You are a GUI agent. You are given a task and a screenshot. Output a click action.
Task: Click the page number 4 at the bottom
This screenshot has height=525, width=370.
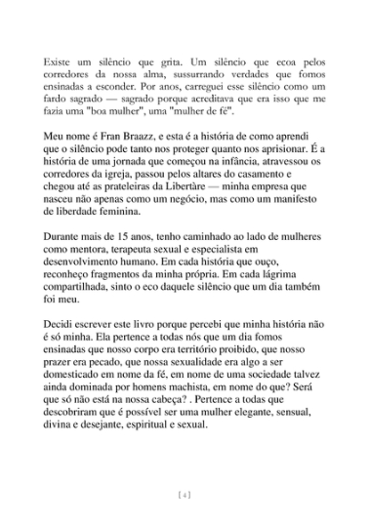click(185, 497)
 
